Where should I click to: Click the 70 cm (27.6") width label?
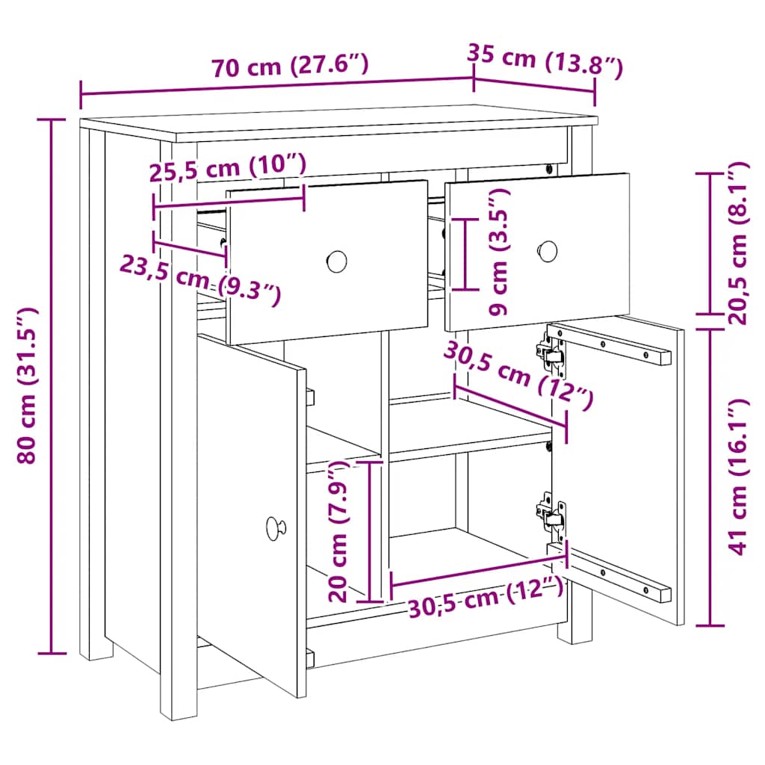[x=290, y=66]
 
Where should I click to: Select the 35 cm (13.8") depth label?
[x=545, y=61]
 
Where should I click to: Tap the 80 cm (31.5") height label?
[x=28, y=385]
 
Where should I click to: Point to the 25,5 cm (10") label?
[x=227, y=167]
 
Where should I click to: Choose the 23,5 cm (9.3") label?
[x=200, y=281]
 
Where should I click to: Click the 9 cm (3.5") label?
[x=498, y=253]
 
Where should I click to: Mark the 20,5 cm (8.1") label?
[x=737, y=244]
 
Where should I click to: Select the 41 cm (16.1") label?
[x=737, y=477]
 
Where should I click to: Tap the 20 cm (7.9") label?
[x=337, y=531]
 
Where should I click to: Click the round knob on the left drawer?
[x=337, y=261]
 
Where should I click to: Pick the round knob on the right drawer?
[x=548, y=251]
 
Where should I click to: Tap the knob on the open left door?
[x=276, y=528]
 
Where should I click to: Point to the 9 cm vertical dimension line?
[x=465, y=254]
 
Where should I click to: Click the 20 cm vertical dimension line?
[x=370, y=531]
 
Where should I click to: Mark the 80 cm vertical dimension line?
[x=52, y=386]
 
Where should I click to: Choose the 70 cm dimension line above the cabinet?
[x=276, y=87]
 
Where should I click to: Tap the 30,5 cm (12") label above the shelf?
[x=518, y=374]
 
